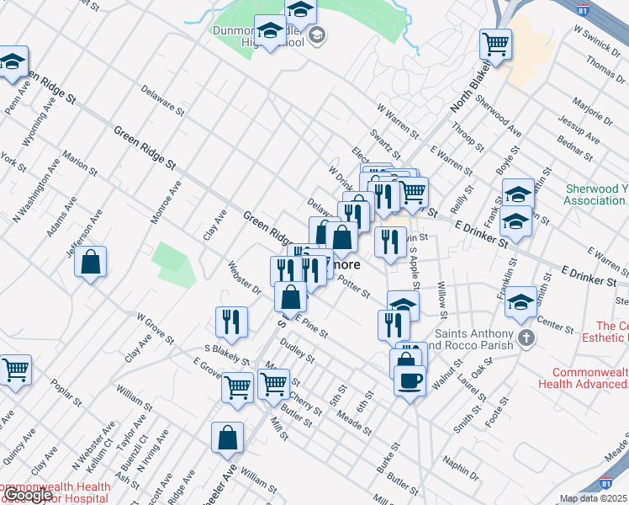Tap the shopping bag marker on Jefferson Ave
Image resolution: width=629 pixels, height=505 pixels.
[91, 262]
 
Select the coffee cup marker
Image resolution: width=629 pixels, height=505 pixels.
[410, 380]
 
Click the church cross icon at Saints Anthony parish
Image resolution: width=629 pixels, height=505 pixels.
[526, 338]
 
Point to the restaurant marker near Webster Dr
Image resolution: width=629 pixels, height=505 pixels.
[231, 321]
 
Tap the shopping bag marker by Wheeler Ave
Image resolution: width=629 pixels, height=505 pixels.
[228, 438]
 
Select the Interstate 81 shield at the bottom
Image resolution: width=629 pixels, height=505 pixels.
[606, 485]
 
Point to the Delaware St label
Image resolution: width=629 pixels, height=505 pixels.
[162, 98]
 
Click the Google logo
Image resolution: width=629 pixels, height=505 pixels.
[29, 495]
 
